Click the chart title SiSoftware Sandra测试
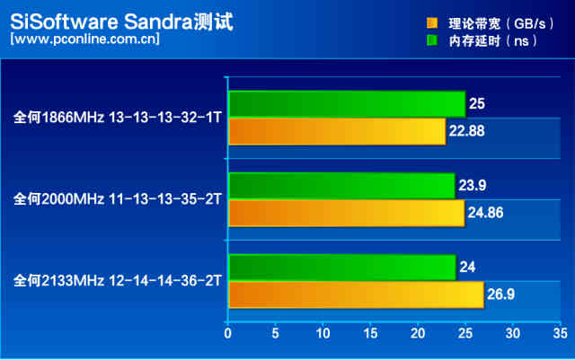121,21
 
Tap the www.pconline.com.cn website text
85,40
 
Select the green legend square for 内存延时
432,40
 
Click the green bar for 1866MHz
346,104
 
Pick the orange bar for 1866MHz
337,131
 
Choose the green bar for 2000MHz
341,186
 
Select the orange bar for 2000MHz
346,213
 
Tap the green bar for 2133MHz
341,268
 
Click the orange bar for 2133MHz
356,294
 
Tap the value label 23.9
475,187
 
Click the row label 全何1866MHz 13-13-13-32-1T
118,118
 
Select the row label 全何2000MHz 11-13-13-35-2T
118,199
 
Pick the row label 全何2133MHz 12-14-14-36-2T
118,281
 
